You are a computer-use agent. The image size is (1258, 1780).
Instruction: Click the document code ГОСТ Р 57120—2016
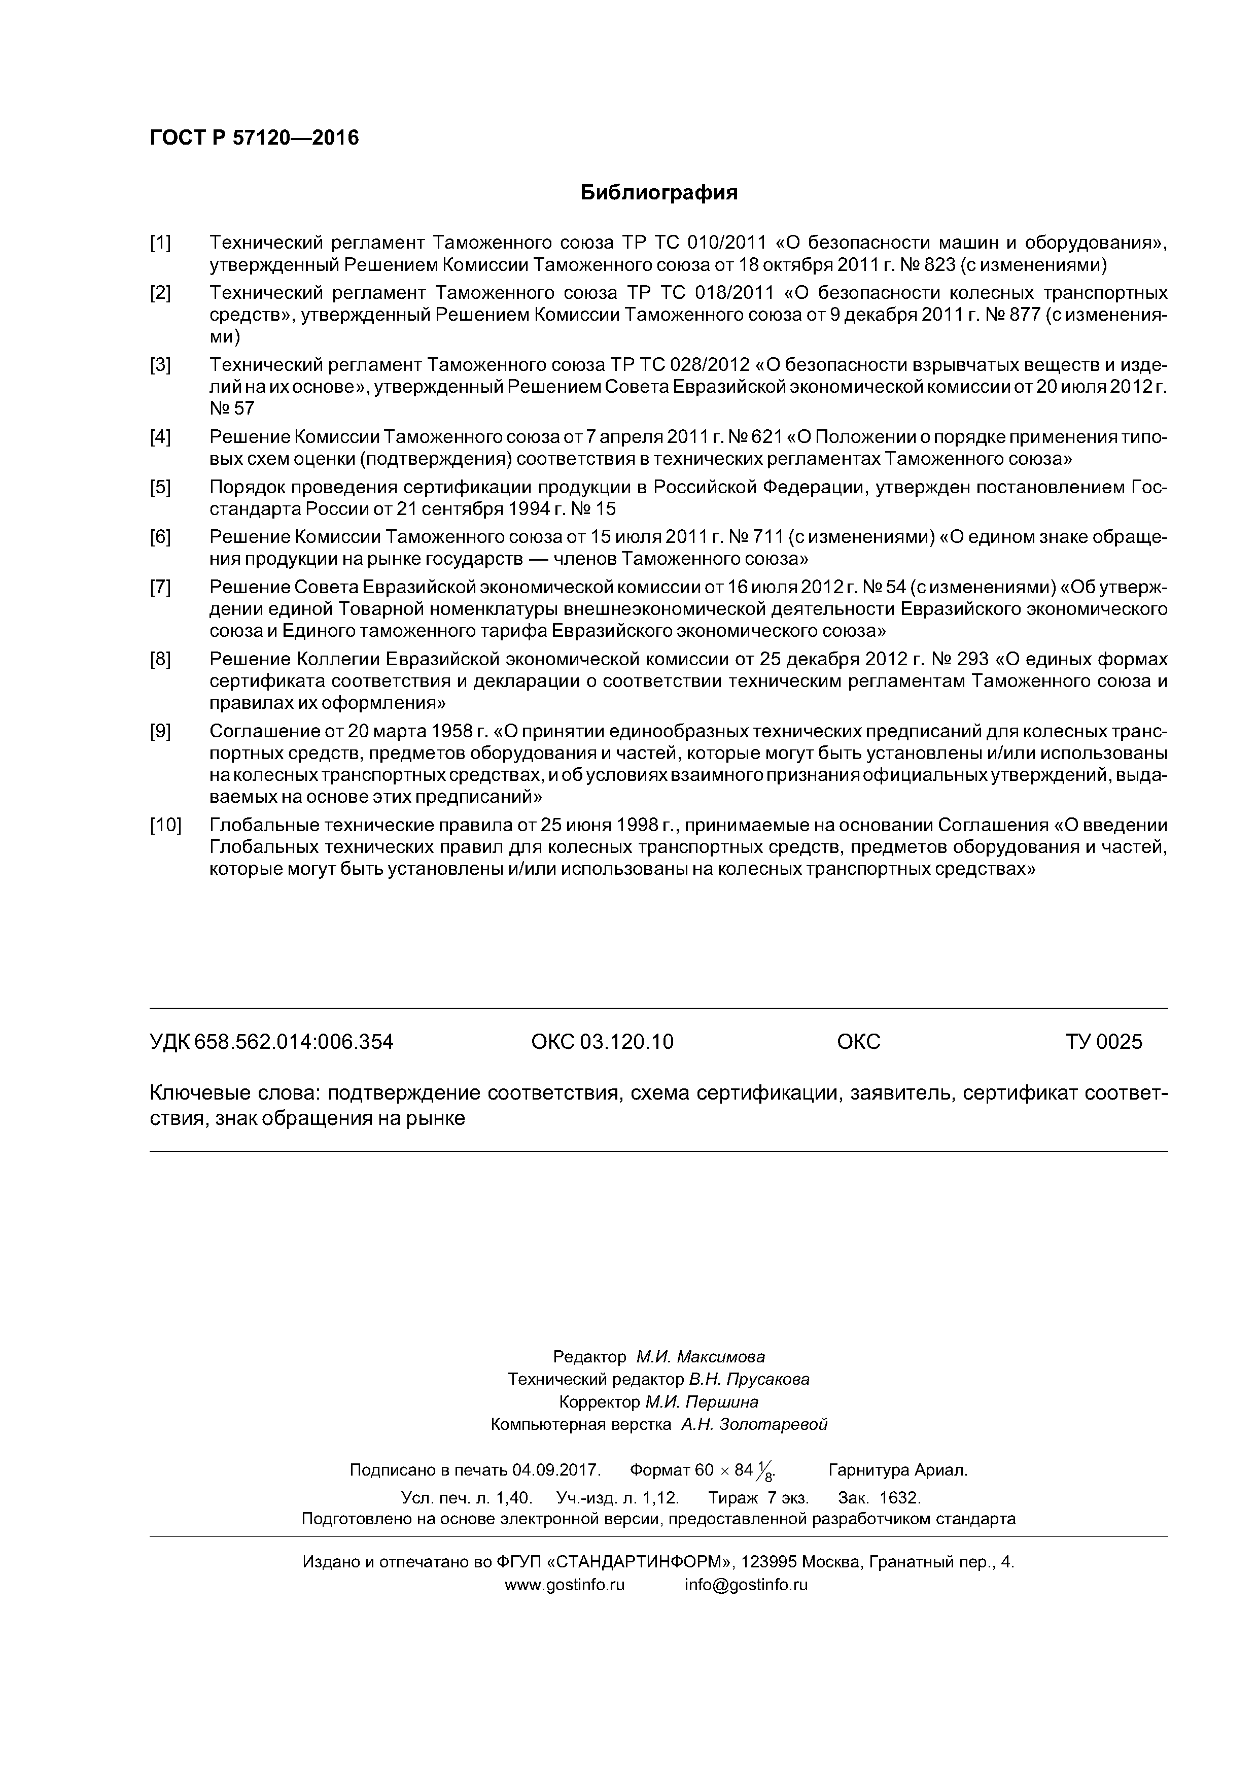click(254, 138)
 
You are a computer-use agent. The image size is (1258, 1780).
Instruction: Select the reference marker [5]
click(160, 487)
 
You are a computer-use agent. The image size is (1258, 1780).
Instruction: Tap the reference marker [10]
click(165, 825)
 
